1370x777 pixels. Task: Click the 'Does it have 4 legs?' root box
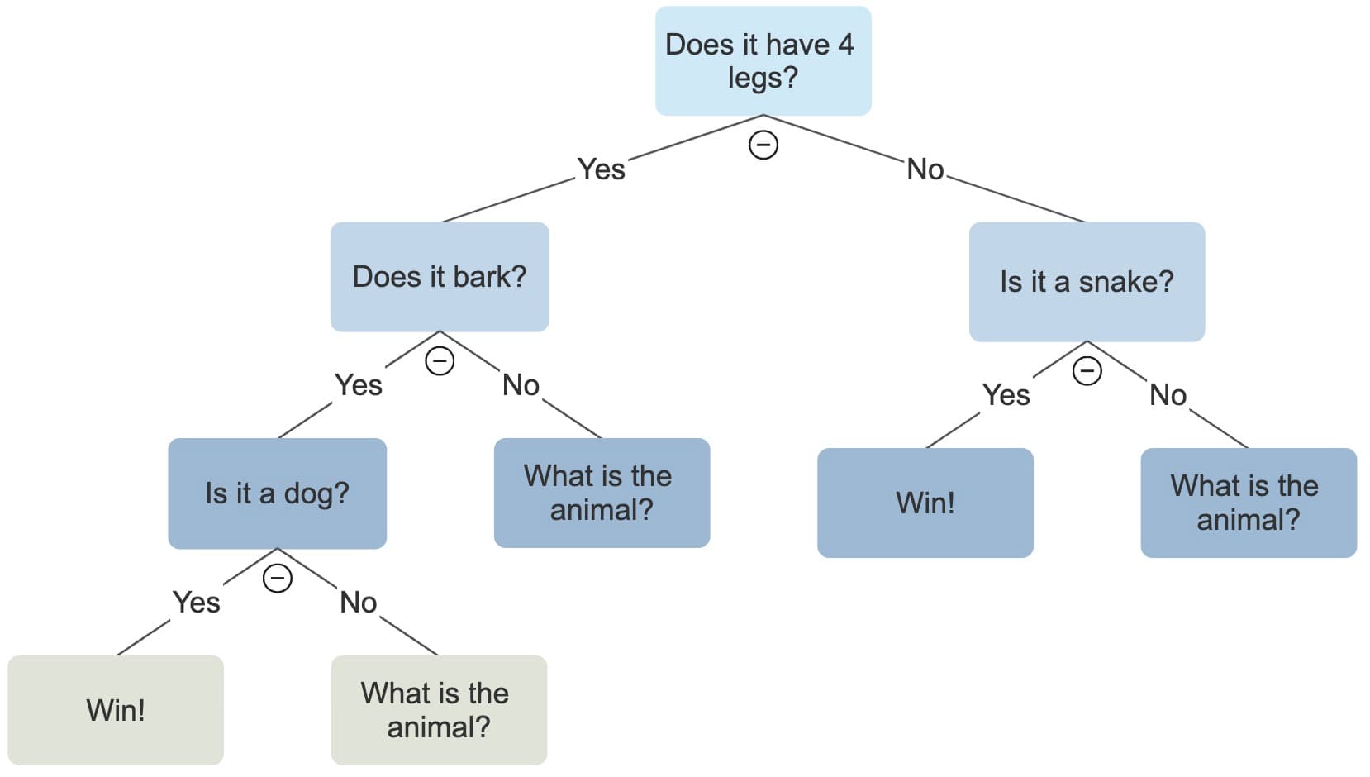[x=763, y=60]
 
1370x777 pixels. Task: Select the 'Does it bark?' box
[x=440, y=277]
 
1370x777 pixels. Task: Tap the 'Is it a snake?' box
[x=1087, y=281]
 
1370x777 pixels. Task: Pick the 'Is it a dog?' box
[x=277, y=493]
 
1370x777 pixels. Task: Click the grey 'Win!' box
[x=116, y=710]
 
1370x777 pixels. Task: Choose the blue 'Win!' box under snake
[x=925, y=503]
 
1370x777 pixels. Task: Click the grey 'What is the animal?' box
[x=439, y=710]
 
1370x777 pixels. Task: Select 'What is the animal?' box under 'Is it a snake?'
[x=1249, y=503]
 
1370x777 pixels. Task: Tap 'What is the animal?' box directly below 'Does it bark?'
[x=602, y=493]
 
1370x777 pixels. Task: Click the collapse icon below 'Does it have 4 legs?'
[x=763, y=145]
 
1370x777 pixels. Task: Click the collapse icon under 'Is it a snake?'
[x=1087, y=371]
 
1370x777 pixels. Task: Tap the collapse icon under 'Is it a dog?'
[x=277, y=578]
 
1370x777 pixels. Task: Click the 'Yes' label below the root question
[x=602, y=169]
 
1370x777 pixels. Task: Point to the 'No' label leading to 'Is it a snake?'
[x=925, y=169]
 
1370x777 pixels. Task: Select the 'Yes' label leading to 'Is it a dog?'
[x=359, y=385]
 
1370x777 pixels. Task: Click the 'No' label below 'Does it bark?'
[x=521, y=385]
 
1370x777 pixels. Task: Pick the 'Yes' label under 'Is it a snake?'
[x=1006, y=395]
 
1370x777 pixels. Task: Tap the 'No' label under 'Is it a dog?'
[x=359, y=603]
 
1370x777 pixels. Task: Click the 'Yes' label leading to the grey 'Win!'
[x=197, y=603]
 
